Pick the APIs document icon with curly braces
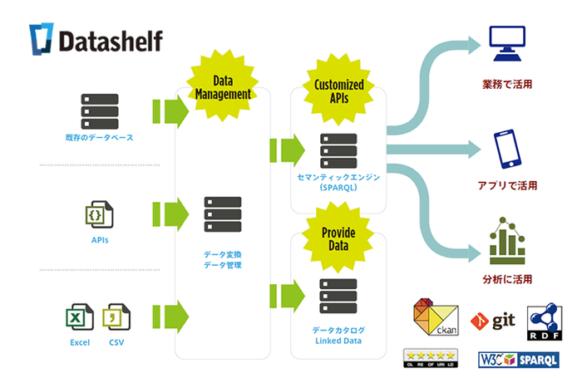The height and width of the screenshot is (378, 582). tap(100, 214)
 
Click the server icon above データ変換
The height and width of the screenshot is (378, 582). tap(222, 214)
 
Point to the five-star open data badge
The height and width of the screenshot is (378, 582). tap(429, 358)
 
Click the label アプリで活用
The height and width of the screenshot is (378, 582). tap(506, 186)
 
